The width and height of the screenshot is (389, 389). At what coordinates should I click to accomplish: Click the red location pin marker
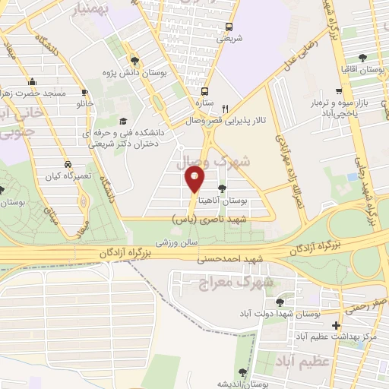[194, 179]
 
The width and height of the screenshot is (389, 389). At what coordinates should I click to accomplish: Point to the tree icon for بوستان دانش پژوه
[134, 62]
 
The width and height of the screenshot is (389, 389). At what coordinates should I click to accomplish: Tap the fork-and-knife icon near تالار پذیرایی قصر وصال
[225, 107]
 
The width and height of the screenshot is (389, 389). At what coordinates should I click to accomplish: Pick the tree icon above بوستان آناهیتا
[222, 188]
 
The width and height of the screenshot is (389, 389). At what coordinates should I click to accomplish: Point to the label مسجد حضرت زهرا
[33, 93]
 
